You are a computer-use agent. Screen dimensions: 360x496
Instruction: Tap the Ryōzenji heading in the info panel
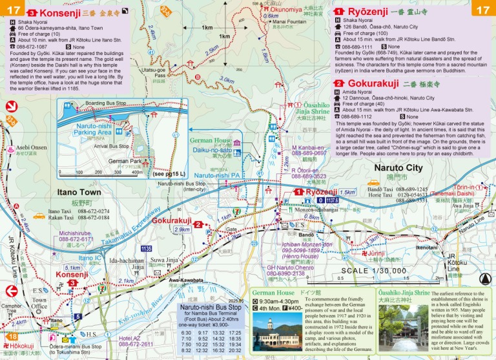point(368,12)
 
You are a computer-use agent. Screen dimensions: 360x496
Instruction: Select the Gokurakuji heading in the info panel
point(373,84)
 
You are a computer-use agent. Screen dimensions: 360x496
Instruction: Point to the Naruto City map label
point(398,168)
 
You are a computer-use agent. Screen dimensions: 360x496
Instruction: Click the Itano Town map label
point(79,193)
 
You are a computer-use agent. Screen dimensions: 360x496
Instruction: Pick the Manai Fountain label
point(289,21)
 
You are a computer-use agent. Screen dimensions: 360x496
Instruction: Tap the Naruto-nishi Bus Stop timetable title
point(211,308)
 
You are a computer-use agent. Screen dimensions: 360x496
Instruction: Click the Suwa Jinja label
point(163,260)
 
